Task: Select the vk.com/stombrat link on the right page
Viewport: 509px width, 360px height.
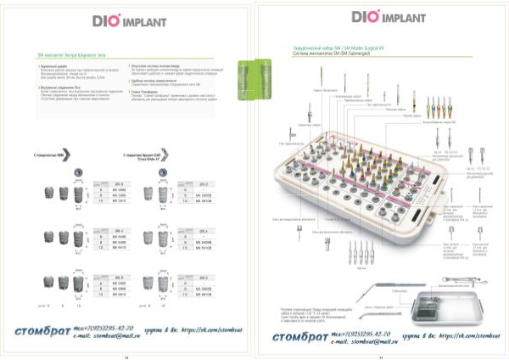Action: pos(462,338)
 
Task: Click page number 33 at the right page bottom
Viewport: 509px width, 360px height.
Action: pos(381,356)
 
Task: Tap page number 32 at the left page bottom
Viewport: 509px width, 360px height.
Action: pos(126,356)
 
